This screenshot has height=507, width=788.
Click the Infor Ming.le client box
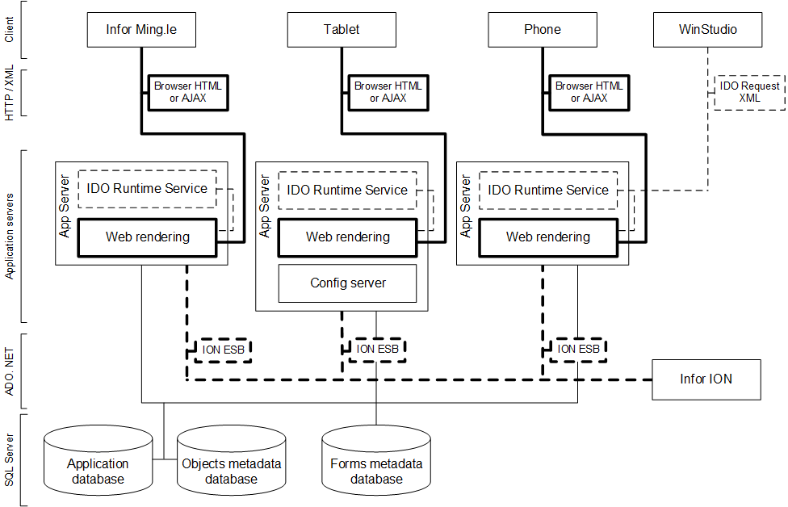(141, 30)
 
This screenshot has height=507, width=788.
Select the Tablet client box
(342, 30)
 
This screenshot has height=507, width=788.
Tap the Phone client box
(542, 30)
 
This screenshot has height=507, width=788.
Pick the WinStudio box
(707, 30)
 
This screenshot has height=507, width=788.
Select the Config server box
(348, 283)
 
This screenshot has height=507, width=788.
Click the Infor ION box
(706, 379)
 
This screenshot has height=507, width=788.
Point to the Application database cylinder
(98, 464)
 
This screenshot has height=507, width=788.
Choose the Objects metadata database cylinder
(231, 464)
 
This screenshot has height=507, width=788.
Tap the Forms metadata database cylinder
(375, 464)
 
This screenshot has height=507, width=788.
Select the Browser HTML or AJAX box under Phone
(589, 92)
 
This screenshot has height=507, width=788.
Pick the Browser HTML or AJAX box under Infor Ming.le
(187, 92)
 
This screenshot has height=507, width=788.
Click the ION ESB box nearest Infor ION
(578, 350)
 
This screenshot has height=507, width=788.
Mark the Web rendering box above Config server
(347, 237)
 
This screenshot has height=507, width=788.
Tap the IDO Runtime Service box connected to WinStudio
(548, 190)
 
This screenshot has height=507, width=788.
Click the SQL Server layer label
(10, 459)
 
